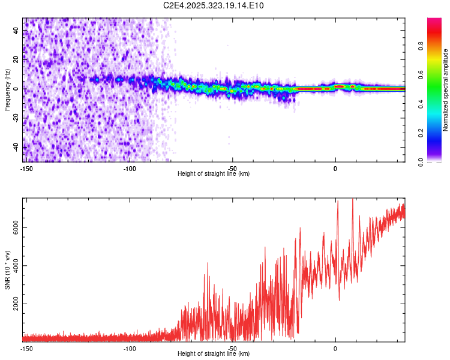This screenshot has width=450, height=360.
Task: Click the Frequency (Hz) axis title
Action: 7,89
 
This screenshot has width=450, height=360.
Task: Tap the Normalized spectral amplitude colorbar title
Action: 445,90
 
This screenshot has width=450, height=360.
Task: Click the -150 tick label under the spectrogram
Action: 26,169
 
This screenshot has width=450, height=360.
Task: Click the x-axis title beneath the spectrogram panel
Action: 214,174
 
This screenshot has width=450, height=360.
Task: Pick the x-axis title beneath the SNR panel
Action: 214,354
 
